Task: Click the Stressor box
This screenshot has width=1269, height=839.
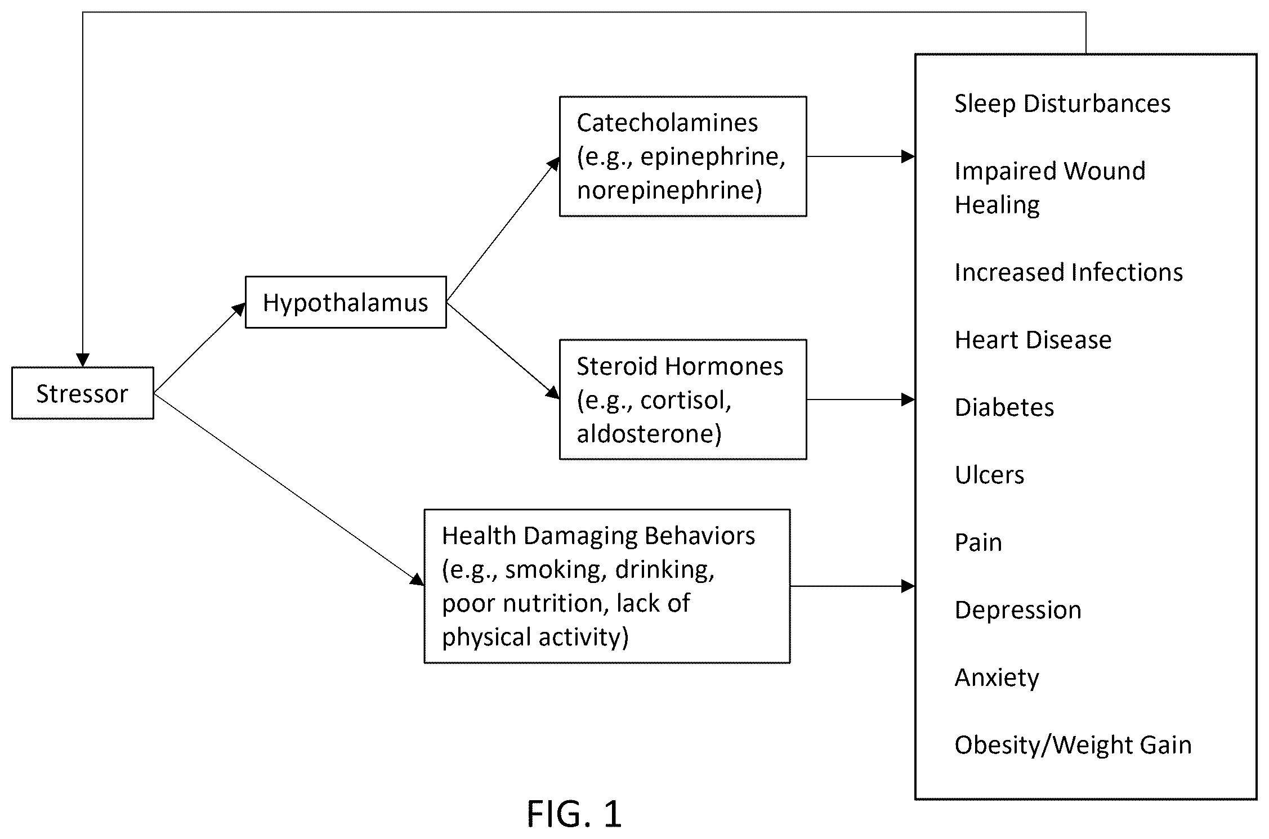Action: pyautogui.click(x=83, y=393)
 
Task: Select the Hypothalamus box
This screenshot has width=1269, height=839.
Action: pyautogui.click(x=346, y=302)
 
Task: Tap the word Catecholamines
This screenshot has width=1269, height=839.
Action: pyautogui.click(x=667, y=123)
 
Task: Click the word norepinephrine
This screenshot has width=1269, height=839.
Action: pyautogui.click(x=669, y=191)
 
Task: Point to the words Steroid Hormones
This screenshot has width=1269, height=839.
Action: pyautogui.click(x=680, y=366)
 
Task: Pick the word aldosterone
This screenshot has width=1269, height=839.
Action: pyautogui.click(x=649, y=434)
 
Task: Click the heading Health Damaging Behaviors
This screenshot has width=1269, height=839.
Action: pyautogui.click(x=598, y=536)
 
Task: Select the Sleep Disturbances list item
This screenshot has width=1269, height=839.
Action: pyautogui.click(x=1062, y=104)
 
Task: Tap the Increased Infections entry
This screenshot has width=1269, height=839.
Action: pyautogui.click(x=1069, y=272)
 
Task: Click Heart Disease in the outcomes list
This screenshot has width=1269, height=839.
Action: pyautogui.click(x=1033, y=340)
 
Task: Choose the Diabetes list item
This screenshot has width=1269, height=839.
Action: pyautogui.click(x=1004, y=407)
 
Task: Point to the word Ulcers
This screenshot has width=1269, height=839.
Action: pyautogui.click(x=989, y=475)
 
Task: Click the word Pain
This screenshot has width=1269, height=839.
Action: pyautogui.click(x=978, y=542)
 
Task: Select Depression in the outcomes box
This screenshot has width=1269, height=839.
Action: pyautogui.click(x=1018, y=611)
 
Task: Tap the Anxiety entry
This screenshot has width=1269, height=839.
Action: pyautogui.click(x=997, y=678)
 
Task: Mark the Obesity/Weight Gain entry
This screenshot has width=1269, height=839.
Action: pyautogui.click(x=1073, y=746)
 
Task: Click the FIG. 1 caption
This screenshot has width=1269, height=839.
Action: pyautogui.click(x=574, y=814)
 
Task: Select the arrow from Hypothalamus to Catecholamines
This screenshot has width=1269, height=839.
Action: pyautogui.click(x=503, y=230)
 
